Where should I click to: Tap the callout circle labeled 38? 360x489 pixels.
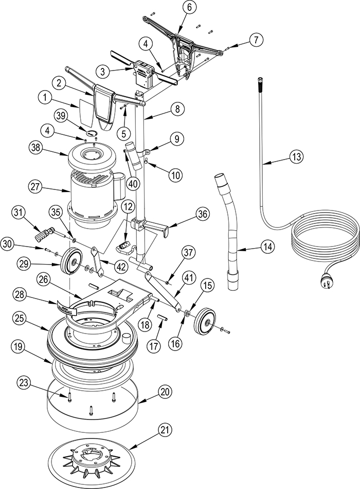[x=35, y=148]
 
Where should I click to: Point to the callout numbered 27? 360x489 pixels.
[x=35, y=188]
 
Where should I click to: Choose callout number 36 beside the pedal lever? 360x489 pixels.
[x=256, y=40]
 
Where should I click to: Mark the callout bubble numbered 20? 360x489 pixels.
[x=166, y=391]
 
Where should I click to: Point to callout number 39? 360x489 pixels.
[x=61, y=115]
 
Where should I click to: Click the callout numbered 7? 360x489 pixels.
[x=256, y=40]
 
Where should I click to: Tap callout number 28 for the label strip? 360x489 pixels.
[x=20, y=295]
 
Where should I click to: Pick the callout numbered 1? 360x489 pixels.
[x=46, y=98]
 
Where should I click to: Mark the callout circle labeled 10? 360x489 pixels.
[x=176, y=174]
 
